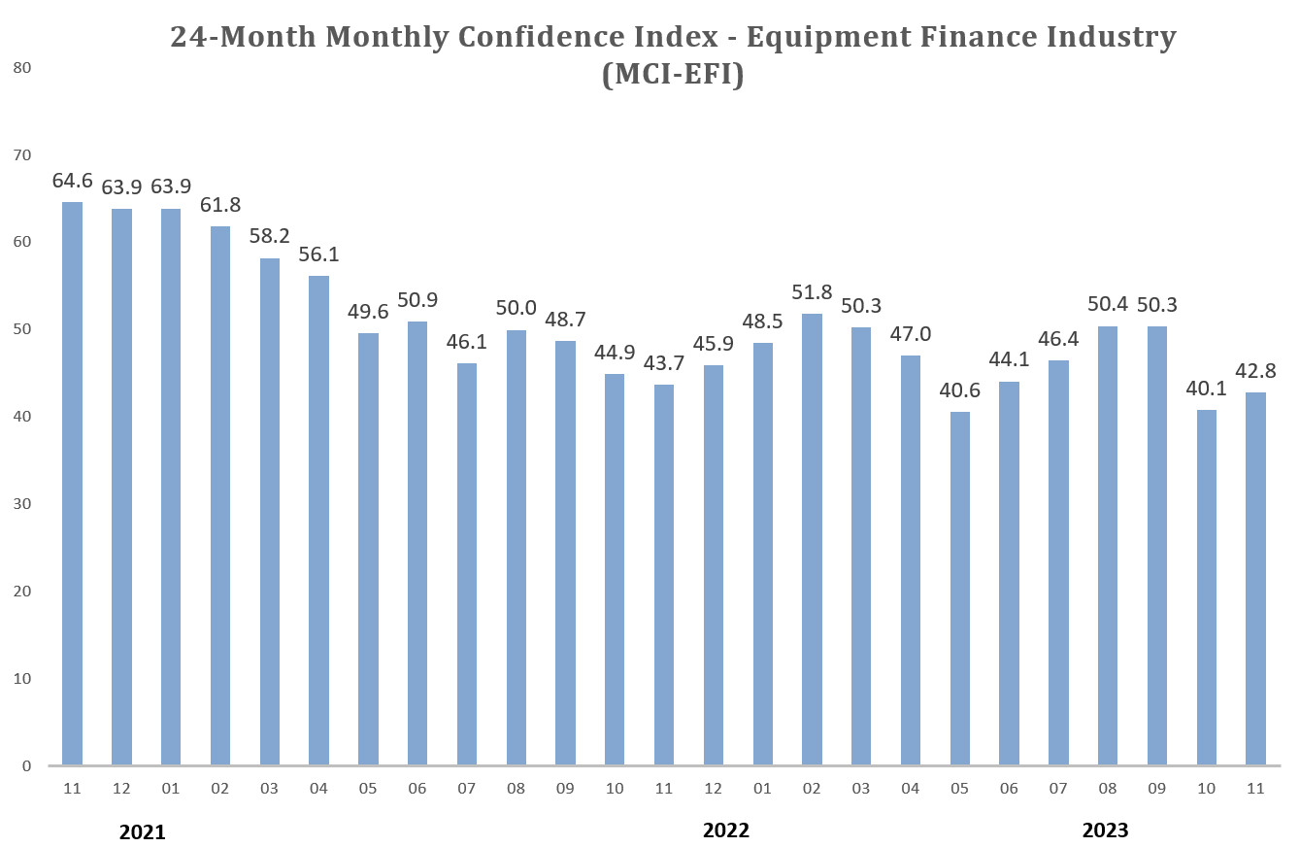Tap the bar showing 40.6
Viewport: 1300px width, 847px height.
click(959, 588)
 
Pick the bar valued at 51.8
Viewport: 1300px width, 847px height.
click(812, 539)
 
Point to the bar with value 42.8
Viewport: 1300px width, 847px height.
click(1255, 578)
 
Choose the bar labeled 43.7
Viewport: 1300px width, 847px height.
click(663, 574)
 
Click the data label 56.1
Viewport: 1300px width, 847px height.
click(318, 254)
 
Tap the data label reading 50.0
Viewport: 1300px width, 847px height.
click(516, 308)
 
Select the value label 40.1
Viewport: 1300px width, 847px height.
click(1206, 388)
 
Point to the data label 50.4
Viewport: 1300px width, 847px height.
click(1108, 305)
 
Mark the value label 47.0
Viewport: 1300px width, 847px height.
click(910, 334)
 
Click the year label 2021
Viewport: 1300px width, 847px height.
click(143, 832)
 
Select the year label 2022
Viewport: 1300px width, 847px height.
click(726, 830)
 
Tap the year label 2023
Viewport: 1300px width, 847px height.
click(1106, 830)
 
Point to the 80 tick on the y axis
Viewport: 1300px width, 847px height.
click(22, 68)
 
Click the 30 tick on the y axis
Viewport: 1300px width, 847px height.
click(22, 504)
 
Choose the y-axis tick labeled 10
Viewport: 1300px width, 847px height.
click(22, 678)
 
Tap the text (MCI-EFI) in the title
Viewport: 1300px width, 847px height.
click(673, 75)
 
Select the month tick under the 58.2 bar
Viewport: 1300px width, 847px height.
click(269, 789)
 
